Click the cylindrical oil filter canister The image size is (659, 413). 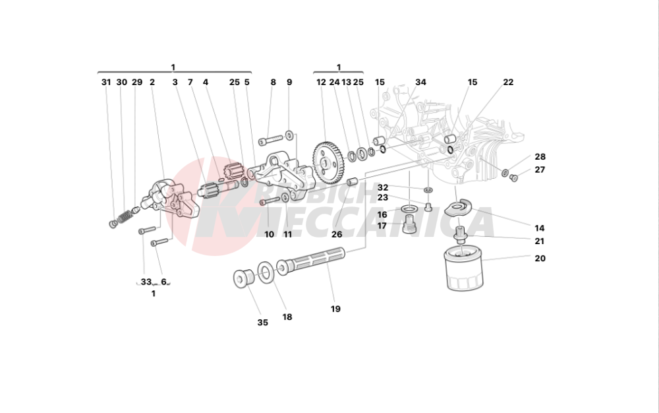(x=463, y=269)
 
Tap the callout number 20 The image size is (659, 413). (x=540, y=259)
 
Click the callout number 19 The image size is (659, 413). (x=335, y=309)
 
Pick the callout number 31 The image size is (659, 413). (x=106, y=82)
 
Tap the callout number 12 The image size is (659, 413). (x=321, y=82)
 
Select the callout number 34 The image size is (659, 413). (x=420, y=82)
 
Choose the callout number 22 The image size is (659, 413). (x=508, y=82)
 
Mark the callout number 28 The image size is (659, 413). (x=540, y=157)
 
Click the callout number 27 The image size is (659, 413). (x=540, y=170)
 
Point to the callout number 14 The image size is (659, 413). (x=540, y=228)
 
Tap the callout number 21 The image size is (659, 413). (x=540, y=241)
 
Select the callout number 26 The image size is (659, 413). (x=337, y=234)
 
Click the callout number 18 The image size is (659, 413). (x=287, y=317)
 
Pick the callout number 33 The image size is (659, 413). (x=145, y=282)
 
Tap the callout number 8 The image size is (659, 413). (x=273, y=82)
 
